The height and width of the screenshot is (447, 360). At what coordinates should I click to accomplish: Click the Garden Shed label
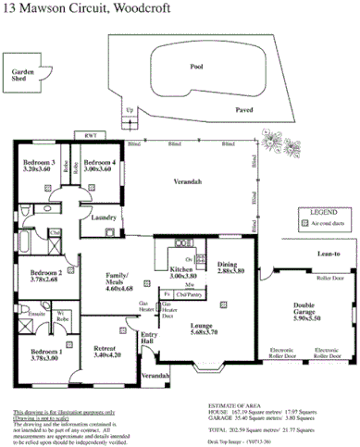coord(22,76)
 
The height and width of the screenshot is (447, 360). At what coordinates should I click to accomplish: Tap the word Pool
coord(195,67)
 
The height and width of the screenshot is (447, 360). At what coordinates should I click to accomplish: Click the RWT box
coord(91,136)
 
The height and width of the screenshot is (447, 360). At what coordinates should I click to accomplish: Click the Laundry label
coord(104,217)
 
